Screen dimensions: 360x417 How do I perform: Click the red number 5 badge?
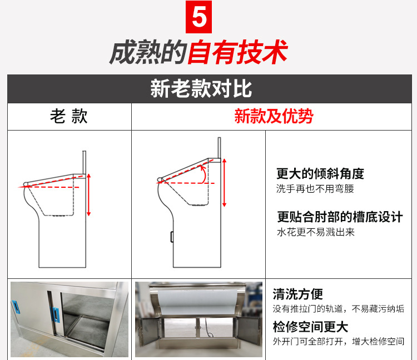point(198,17)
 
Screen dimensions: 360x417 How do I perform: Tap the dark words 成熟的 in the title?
point(147,53)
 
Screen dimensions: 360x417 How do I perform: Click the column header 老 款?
point(69,116)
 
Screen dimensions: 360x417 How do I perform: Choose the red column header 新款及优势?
point(274,116)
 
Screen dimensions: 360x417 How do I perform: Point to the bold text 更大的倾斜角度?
point(320,173)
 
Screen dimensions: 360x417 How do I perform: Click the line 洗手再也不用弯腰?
point(315,189)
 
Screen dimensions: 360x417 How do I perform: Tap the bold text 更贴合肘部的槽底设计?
point(340,217)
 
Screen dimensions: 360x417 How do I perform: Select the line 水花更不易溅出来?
point(315,232)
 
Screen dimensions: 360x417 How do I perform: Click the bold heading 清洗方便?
point(298,294)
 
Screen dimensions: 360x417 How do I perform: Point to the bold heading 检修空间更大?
point(310,326)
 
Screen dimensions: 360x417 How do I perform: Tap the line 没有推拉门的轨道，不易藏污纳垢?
point(338,309)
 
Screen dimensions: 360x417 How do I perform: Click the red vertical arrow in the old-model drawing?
point(89,194)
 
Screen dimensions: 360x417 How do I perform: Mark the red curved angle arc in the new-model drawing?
point(204,173)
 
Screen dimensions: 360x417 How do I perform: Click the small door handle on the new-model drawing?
point(172,236)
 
